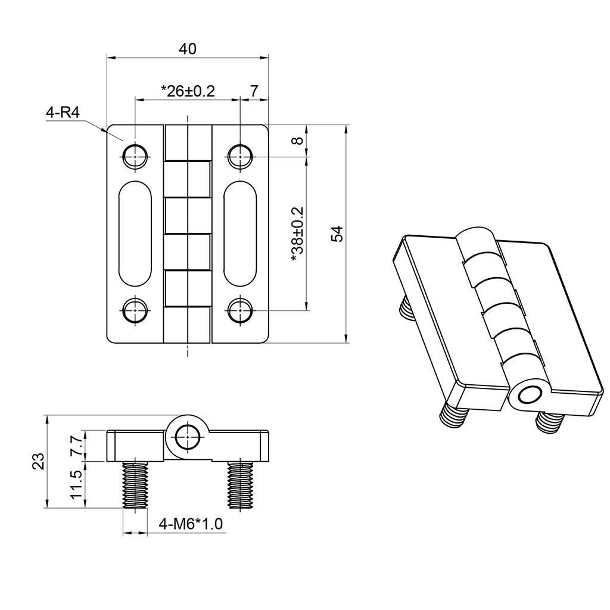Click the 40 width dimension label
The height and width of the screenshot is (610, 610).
pos(188,49)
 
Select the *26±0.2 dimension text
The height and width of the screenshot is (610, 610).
pos(187,91)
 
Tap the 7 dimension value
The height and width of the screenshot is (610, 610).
pos(254,91)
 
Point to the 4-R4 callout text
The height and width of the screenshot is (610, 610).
pos(63,113)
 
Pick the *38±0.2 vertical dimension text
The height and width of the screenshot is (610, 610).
pos(298,234)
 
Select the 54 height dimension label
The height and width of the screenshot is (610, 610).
pos(337,234)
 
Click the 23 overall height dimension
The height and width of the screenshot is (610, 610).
pos(38,462)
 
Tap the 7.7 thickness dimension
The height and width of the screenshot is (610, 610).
pos(76,446)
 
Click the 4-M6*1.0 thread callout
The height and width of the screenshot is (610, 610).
pos(191,524)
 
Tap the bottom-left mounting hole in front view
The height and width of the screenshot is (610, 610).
pos(135,310)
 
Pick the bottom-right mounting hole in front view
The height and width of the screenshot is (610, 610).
pos(239,310)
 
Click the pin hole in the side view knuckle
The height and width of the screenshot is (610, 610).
pos(188,437)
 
